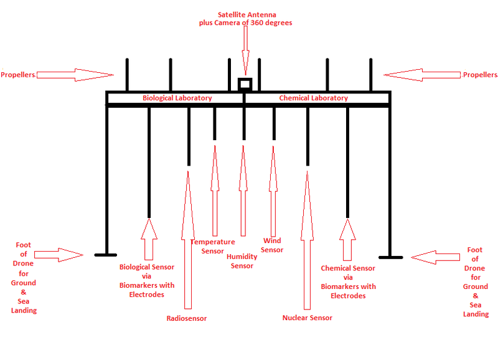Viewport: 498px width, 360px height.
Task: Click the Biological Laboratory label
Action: pos(177,98)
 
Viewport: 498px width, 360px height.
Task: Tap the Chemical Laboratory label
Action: pos(313,98)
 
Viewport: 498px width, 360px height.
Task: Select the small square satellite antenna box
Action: pos(245,83)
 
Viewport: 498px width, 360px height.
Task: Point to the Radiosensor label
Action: pos(186,318)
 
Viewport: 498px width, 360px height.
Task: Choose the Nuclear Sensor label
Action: pos(307,318)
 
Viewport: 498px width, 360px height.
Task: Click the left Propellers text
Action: pos(18,75)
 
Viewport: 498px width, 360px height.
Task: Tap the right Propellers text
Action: pos(479,75)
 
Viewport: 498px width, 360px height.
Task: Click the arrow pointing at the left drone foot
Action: pos(58,254)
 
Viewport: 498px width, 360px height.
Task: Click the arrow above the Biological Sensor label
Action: pos(148,239)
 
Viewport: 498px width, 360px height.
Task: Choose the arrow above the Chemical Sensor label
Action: pos(347,239)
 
